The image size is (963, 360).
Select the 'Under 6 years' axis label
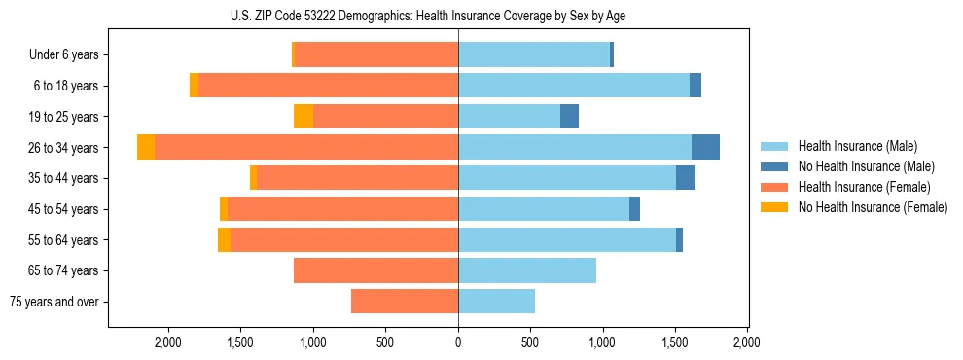click(x=64, y=54)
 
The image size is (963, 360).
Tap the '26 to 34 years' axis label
click(x=64, y=148)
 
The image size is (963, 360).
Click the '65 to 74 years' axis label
click(x=64, y=270)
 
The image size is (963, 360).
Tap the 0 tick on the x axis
click(x=458, y=342)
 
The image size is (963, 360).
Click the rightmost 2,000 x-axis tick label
click(x=747, y=342)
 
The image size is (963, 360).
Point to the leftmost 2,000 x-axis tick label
click(x=168, y=342)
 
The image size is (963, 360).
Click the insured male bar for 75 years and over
click(x=496, y=302)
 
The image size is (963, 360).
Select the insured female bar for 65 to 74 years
click(x=375, y=270)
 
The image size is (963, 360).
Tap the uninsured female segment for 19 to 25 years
click(x=303, y=117)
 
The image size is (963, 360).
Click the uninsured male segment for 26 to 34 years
click(x=705, y=147)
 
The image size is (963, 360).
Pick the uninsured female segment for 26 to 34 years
click(x=146, y=147)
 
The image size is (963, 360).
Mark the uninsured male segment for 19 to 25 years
click(x=569, y=117)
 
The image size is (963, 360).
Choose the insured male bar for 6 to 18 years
click(x=574, y=86)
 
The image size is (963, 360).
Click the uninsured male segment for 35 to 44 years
click(x=686, y=178)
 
